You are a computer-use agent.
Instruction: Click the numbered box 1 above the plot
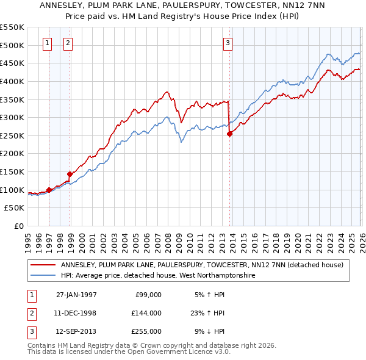tap(48, 43)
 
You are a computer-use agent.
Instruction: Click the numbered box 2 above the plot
tap(67, 43)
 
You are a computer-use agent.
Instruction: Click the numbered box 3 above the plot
tap(227, 43)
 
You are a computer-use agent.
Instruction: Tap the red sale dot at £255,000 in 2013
tap(229, 134)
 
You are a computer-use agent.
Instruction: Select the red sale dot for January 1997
tap(49, 190)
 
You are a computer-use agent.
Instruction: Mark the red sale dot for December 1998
tap(70, 174)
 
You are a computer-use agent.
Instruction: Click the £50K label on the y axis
tap(15, 208)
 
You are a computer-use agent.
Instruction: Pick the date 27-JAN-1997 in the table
tap(76, 294)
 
